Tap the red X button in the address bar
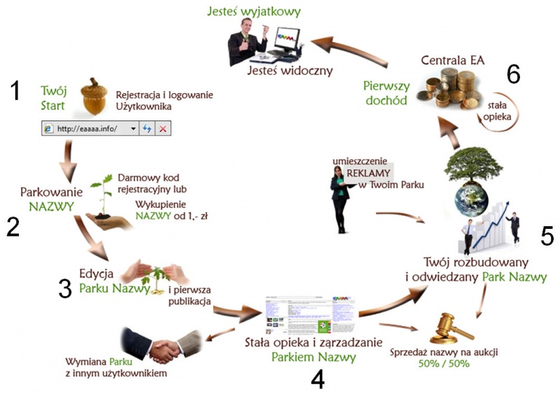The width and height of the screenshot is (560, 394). pyautogui.click(x=162, y=129)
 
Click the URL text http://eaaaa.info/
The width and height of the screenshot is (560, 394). pyautogui.click(x=87, y=129)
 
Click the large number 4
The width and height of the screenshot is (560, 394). pyautogui.click(x=317, y=379)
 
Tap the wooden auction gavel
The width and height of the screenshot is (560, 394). pyautogui.click(x=447, y=327)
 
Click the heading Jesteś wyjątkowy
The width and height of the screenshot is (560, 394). pyautogui.click(x=255, y=11)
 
